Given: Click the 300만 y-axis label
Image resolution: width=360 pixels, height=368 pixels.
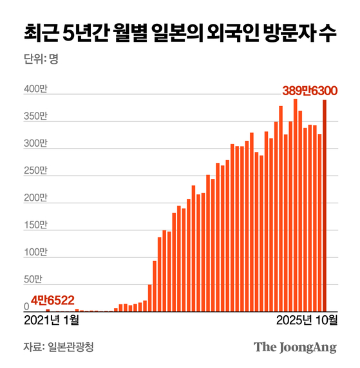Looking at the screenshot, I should (35, 143).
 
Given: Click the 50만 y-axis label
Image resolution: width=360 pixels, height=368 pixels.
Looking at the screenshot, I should (37, 280).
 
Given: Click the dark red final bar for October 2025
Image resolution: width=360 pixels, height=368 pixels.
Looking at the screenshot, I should (325, 206).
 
